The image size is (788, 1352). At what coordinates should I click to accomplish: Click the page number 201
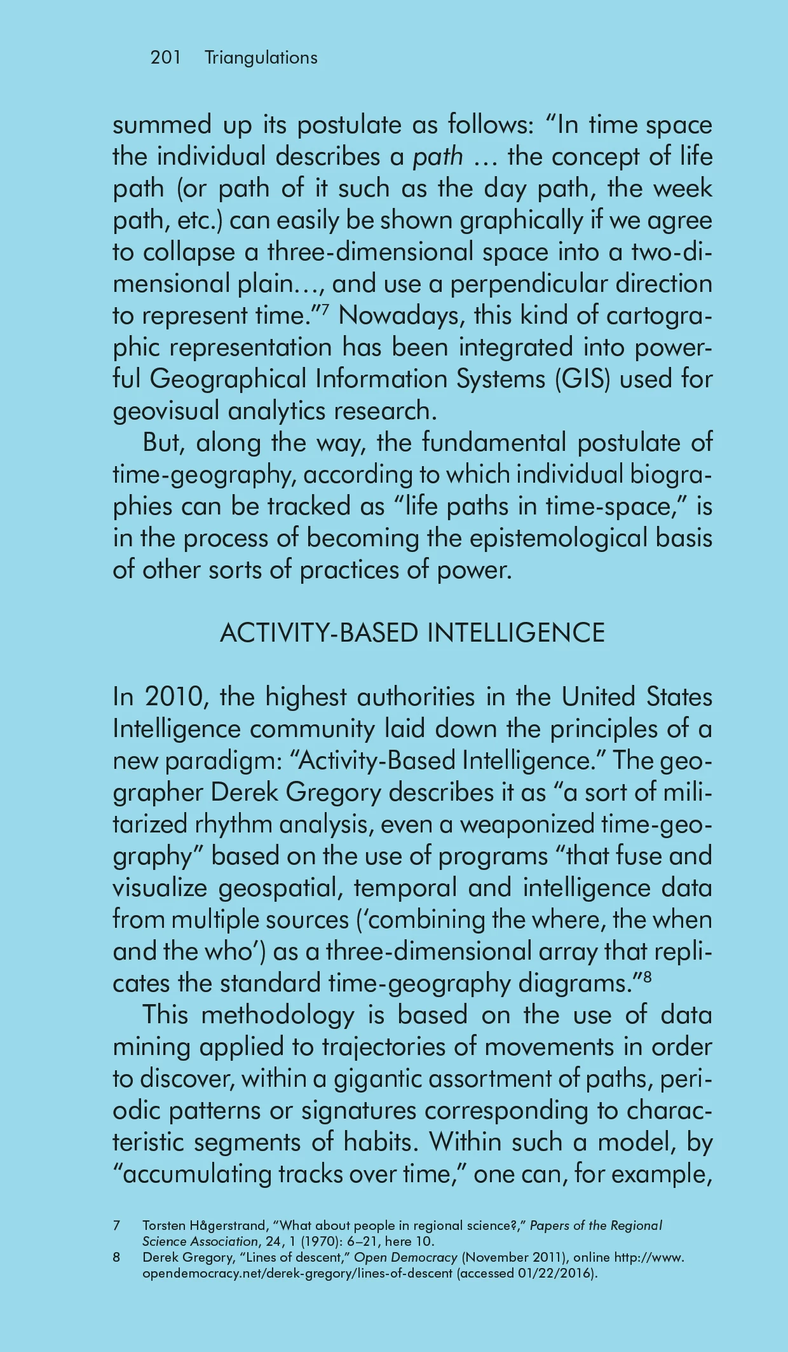pos(165,58)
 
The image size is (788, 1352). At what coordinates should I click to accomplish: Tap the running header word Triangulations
pos(261,58)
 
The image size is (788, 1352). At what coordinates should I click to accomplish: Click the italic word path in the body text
pos(438,157)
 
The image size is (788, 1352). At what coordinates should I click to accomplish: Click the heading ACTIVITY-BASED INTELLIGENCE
pos(412,633)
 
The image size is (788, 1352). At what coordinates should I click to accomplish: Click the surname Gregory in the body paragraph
pos(333,793)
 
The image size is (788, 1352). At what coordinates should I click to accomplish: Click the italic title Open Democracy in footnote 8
pos(405,1257)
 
